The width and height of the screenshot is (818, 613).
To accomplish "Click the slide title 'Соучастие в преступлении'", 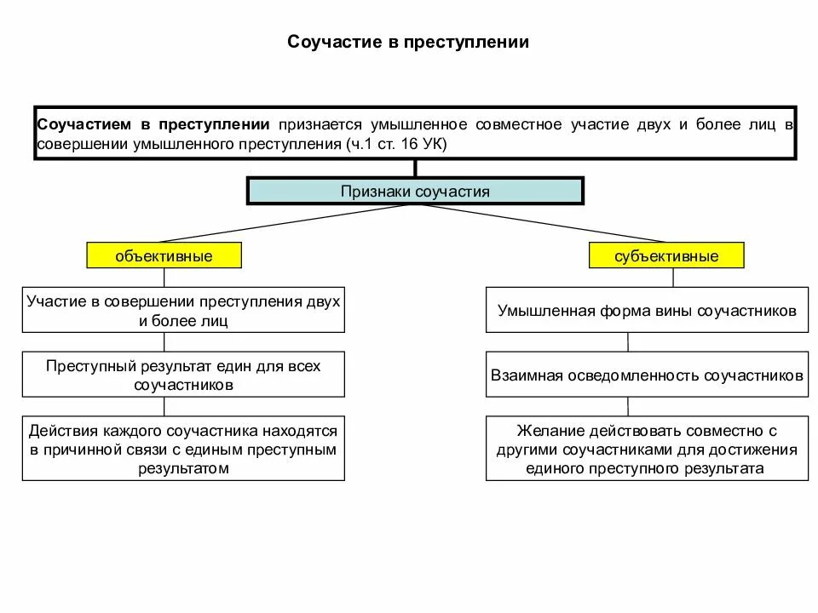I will [x=408, y=42].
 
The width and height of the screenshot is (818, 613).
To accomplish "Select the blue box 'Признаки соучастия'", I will [x=415, y=191].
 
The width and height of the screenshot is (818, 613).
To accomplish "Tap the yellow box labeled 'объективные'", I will [x=164, y=255].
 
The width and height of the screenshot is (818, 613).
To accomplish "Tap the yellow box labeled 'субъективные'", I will [x=666, y=255].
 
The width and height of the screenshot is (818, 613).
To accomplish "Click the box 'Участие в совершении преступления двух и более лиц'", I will [x=183, y=311].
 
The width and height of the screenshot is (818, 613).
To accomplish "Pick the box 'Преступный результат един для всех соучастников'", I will [x=183, y=375].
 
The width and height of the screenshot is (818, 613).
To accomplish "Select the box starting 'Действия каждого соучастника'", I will [x=183, y=449].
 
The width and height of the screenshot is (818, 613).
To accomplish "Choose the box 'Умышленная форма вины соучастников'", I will [x=647, y=311].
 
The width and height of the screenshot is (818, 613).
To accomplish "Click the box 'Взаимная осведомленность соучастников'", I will [x=647, y=375].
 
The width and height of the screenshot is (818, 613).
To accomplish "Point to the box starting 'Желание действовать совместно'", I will [x=647, y=449].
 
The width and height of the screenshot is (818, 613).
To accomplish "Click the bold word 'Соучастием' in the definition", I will [x=81, y=125].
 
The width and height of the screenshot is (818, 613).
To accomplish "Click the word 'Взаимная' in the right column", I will [x=523, y=375].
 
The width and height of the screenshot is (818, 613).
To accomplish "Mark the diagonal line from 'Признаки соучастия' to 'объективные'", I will [x=290, y=223].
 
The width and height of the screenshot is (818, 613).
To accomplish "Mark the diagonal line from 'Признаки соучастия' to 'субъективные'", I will [x=541, y=223].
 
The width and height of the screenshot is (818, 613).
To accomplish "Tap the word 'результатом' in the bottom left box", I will [x=183, y=468].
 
